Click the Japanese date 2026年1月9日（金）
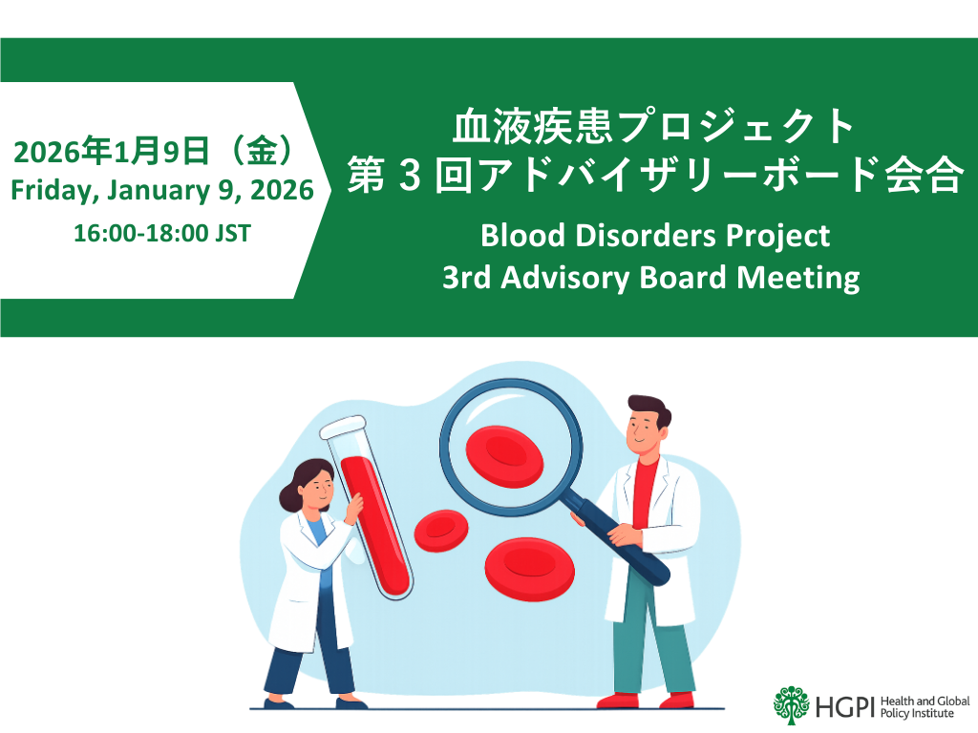point(153,153)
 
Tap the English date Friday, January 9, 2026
point(161,191)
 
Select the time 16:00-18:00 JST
point(162,232)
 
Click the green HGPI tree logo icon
point(792,703)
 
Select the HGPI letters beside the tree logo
point(844,705)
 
